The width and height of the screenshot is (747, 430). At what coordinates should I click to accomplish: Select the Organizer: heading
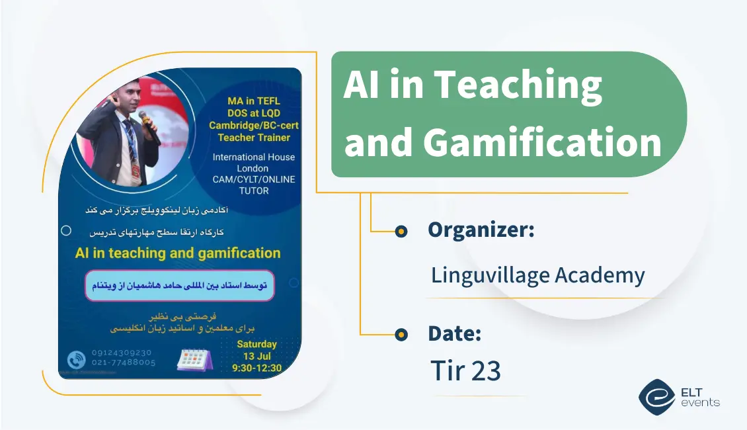(x=481, y=230)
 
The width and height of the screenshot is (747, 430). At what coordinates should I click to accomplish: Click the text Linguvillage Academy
(x=537, y=275)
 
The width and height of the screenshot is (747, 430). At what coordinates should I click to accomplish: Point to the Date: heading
(x=454, y=333)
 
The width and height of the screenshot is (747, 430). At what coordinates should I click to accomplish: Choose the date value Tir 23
(x=465, y=371)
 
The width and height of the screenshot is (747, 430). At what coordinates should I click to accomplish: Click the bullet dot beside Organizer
(x=401, y=231)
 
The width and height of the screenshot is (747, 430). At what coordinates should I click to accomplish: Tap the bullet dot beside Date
(x=401, y=335)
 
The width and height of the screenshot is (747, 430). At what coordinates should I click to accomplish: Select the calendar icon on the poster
(x=194, y=358)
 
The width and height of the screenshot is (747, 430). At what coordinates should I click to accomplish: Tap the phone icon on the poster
(x=77, y=359)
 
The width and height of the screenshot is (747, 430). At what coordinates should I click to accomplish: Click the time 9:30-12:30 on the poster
(x=256, y=368)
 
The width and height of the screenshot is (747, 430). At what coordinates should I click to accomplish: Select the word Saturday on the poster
(x=256, y=344)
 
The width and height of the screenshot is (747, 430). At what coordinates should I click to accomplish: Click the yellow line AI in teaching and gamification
(x=178, y=253)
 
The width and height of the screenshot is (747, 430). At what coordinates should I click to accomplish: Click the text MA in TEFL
(x=254, y=101)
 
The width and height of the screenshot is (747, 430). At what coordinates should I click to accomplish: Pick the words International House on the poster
(x=254, y=157)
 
